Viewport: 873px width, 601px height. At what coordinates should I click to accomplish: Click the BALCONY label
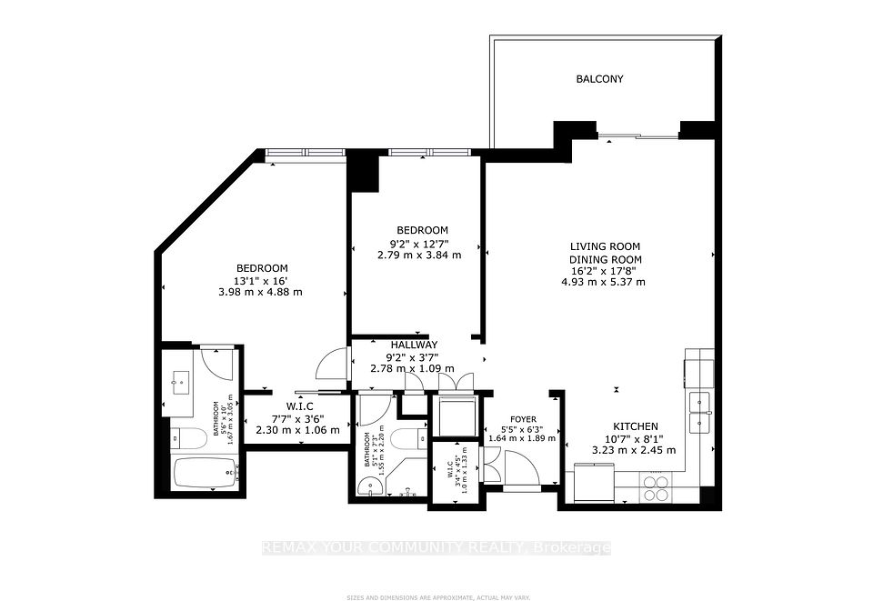[600, 79]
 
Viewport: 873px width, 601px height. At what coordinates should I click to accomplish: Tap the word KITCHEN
[635, 426]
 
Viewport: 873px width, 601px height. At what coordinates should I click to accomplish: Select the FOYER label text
[522, 419]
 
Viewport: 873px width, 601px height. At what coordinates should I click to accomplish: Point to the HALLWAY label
[414, 345]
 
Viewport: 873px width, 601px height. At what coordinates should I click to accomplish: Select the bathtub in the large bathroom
[205, 474]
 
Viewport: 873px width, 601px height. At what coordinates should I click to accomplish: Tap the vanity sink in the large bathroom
[179, 383]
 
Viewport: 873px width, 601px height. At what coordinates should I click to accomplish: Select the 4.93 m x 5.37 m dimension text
[603, 282]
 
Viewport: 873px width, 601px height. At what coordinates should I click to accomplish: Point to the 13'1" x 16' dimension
[262, 280]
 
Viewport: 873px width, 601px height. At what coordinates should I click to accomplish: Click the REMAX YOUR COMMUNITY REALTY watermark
[436, 547]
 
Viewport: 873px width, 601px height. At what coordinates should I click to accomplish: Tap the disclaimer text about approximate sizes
[436, 596]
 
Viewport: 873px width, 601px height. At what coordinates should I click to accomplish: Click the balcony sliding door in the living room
[638, 136]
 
